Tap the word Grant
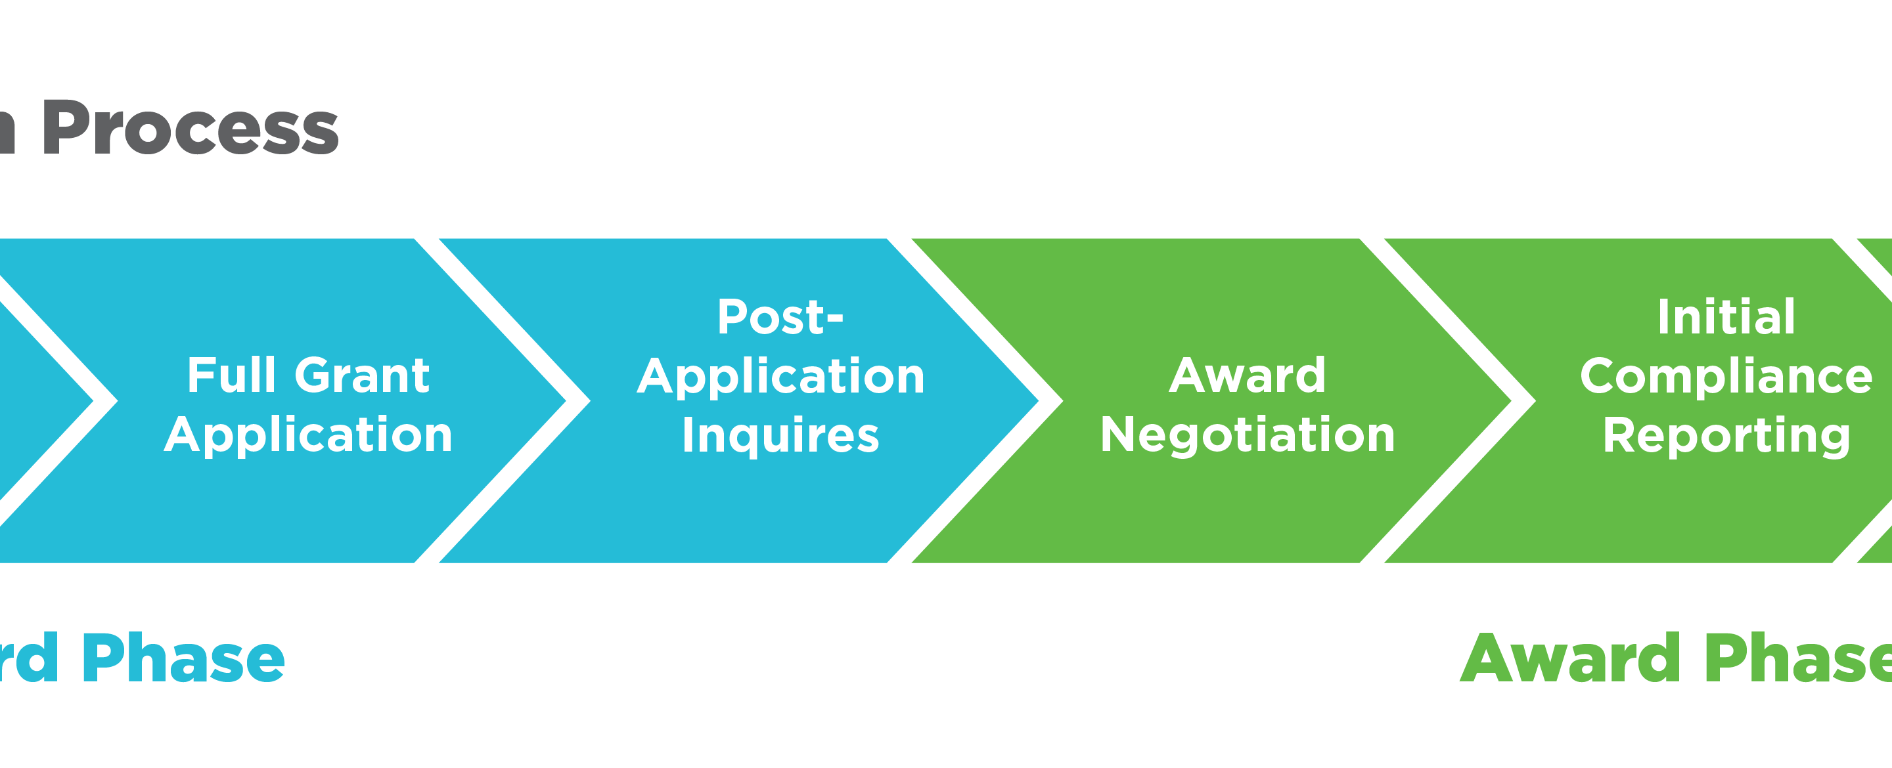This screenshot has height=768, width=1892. [362, 375]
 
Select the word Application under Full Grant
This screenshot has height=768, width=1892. [309, 435]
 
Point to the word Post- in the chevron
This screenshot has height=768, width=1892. [780, 317]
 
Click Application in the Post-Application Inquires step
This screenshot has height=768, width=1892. [780, 377]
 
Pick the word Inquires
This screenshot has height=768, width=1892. [780, 435]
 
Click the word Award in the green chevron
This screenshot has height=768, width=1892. [1247, 375]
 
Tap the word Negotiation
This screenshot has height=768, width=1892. [1247, 435]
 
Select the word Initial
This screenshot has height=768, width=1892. [1726, 317]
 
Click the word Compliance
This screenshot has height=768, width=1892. [1726, 377]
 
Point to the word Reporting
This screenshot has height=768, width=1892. [1726, 436]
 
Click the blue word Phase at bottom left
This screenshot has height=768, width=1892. [184, 658]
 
